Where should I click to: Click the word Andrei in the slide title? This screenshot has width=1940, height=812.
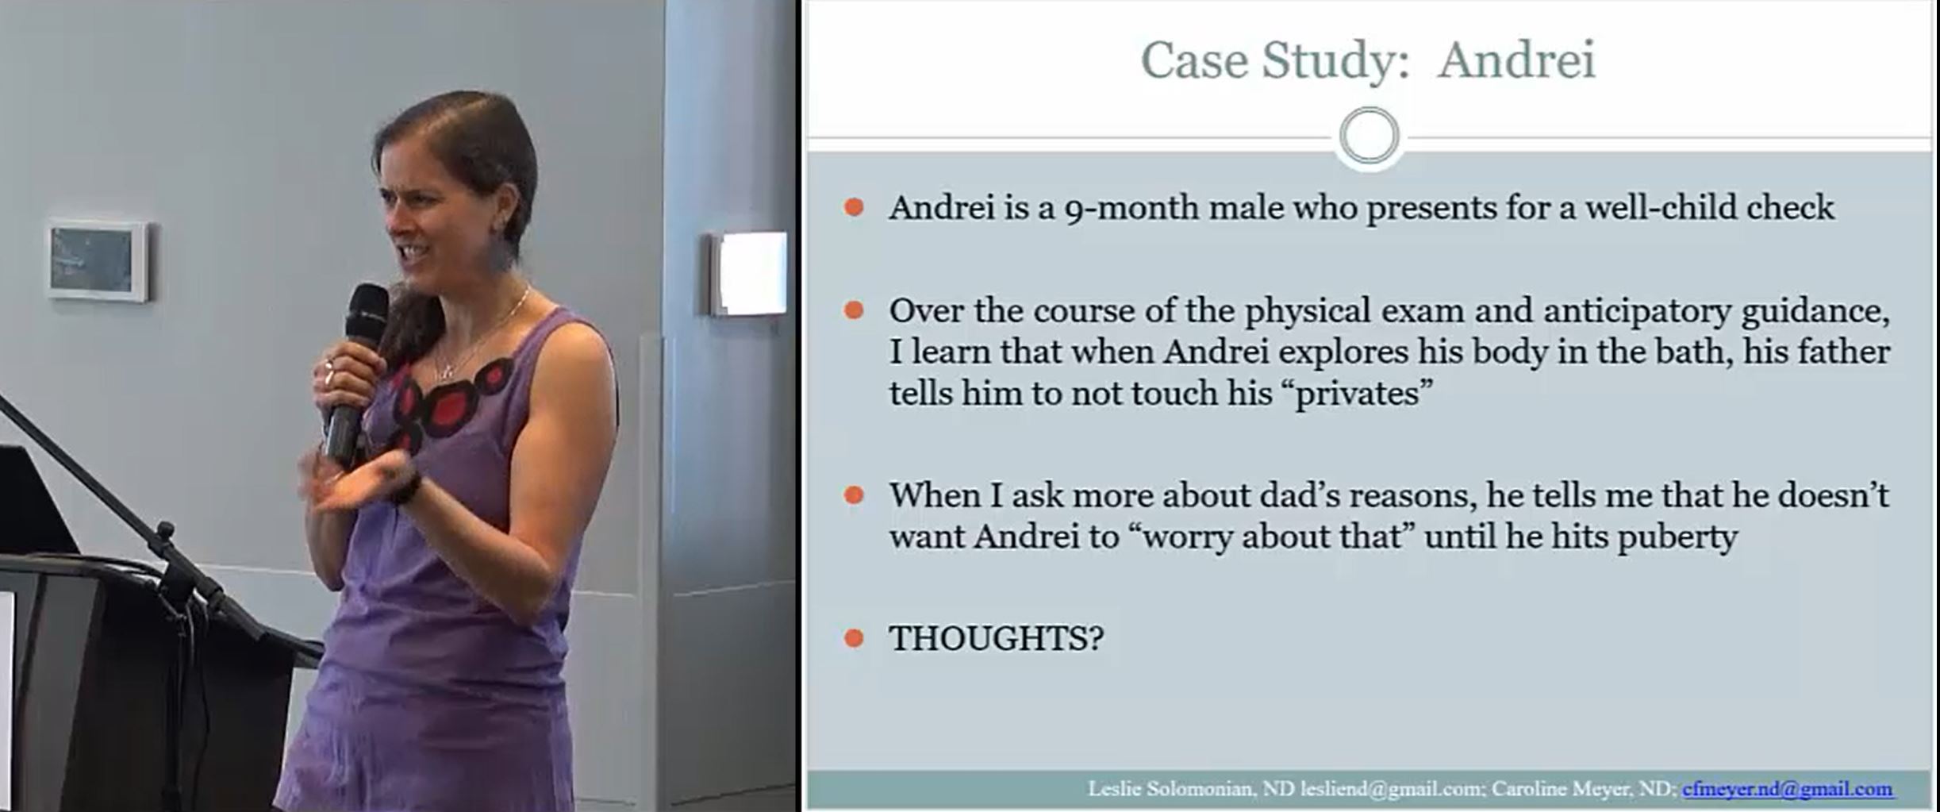1516,60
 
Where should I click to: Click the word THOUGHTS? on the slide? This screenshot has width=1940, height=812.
996,638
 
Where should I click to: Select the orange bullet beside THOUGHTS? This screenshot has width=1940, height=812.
854,637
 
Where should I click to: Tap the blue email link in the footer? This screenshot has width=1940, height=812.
1787,789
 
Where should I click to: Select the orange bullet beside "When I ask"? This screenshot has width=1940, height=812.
854,496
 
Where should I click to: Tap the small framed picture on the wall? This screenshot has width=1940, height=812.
98,260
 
